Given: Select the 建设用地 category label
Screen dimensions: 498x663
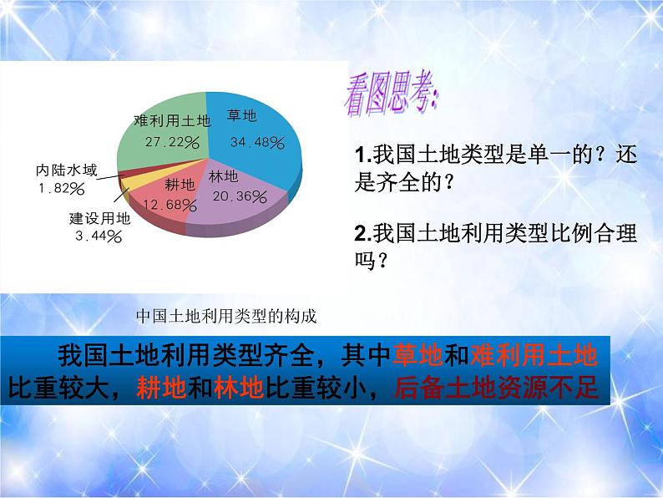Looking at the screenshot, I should click(99, 221).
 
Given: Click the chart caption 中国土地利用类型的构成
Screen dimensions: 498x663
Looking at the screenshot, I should click(226, 317).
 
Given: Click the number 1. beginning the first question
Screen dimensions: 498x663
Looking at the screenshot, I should click(362, 155).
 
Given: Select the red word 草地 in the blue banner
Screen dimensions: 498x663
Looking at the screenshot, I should click(417, 357).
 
